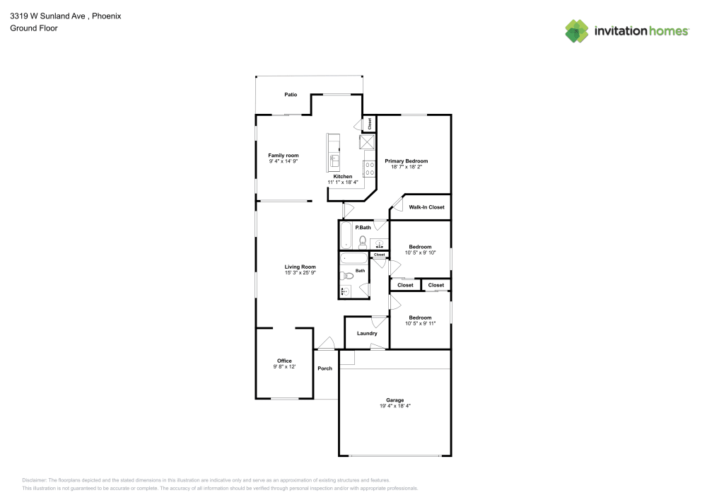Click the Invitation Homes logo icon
click(x=577, y=30)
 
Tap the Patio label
click(x=291, y=94)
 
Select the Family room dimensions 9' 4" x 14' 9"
click(x=283, y=161)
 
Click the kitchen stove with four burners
click(x=368, y=168)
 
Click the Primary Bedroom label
click(x=406, y=161)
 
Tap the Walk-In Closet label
click(x=426, y=207)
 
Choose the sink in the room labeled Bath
click(x=346, y=291)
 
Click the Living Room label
click(x=300, y=267)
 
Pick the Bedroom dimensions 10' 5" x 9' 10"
click(x=420, y=252)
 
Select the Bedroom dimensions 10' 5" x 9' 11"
click(x=420, y=323)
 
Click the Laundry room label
click(x=367, y=333)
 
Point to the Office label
click(x=284, y=361)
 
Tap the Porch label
click(x=325, y=368)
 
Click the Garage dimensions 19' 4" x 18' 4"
click(x=395, y=406)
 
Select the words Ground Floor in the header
click(x=34, y=28)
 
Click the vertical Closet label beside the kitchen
click(x=369, y=124)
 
